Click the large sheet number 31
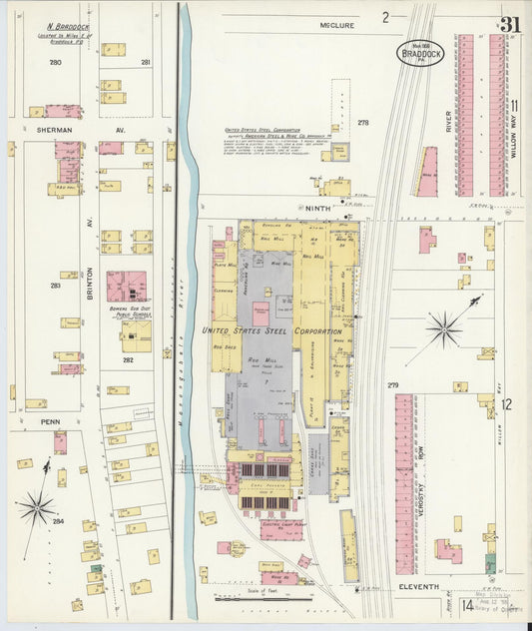pyautogui.click(x=511, y=24)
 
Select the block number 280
pyautogui.click(x=55, y=63)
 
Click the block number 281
pyautogui.click(x=146, y=63)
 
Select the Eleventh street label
pyautogui.click(x=418, y=587)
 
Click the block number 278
pyautogui.click(x=362, y=123)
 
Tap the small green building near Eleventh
pyautogui.click(x=96, y=569)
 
